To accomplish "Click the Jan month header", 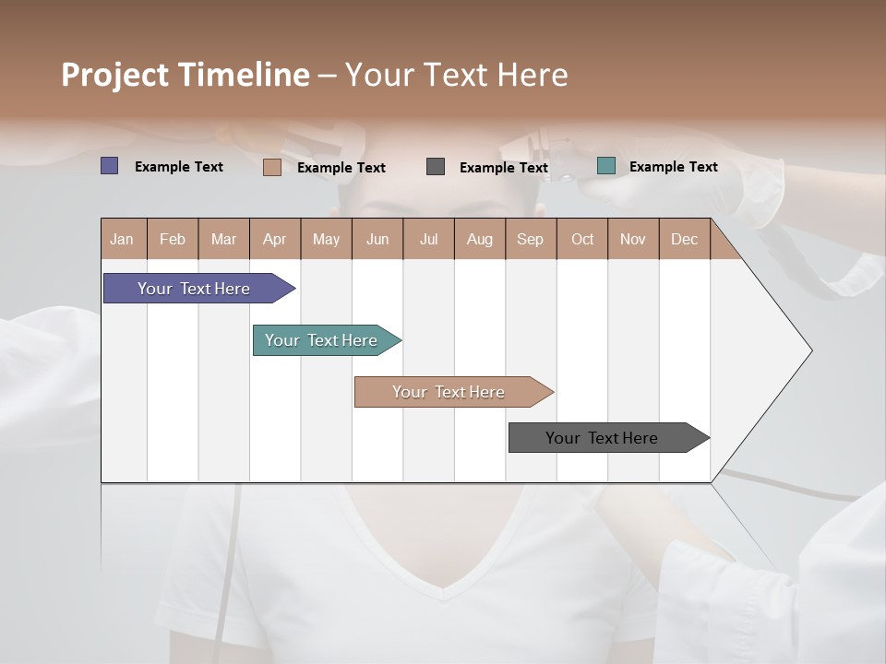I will [123, 239].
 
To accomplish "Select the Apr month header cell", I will [275, 239].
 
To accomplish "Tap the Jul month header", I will [428, 239].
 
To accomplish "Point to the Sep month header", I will [531, 239].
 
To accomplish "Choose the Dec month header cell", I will [684, 239].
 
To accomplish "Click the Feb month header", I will [173, 239].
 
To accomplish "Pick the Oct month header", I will [582, 239].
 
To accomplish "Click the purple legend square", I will [110, 166].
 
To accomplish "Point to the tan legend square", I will [271, 167].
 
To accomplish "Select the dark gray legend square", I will [436, 166].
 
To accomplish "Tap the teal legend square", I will [606, 166].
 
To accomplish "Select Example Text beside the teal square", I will [673, 166].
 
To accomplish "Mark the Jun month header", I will [377, 239].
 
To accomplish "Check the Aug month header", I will [480, 239].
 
